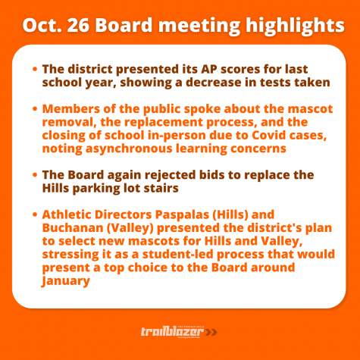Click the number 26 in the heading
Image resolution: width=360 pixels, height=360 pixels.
(78, 25)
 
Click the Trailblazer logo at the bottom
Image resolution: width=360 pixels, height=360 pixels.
(179, 332)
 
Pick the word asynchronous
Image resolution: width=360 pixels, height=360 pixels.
(129, 149)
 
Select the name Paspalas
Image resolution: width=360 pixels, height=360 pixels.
(182, 215)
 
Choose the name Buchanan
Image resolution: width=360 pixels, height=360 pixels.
(73, 228)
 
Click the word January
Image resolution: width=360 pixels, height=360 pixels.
(65, 281)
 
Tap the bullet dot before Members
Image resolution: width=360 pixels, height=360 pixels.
(35, 109)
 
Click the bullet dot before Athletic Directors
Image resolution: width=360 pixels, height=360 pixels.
(35, 214)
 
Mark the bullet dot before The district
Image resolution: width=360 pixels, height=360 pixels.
(35, 69)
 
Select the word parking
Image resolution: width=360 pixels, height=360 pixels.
(96, 189)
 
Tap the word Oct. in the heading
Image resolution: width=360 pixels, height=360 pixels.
(42, 25)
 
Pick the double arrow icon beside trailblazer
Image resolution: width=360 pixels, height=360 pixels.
(211, 332)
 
